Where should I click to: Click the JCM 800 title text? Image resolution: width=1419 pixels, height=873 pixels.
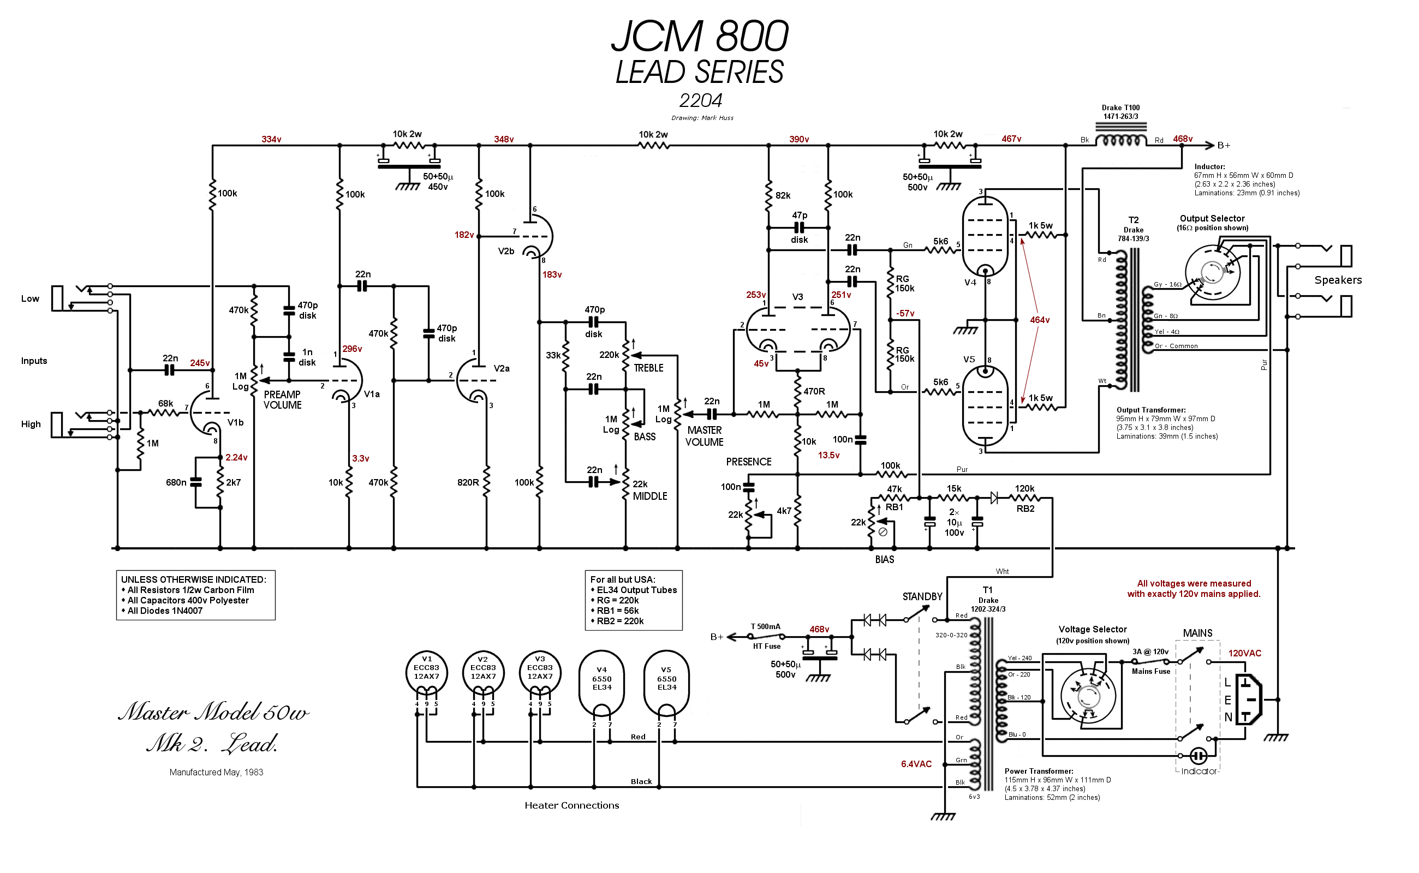700,37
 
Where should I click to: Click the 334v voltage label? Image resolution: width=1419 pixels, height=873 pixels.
271,140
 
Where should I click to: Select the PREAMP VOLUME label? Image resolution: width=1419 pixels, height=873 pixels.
282,400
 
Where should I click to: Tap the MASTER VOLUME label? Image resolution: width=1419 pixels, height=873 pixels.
704,436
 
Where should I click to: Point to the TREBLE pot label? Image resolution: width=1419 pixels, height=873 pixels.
648,368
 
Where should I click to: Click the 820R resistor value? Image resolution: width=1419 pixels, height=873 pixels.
468,483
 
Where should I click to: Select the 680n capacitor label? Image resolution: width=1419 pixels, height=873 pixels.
176,483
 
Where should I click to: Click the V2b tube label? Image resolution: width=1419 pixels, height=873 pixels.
506,252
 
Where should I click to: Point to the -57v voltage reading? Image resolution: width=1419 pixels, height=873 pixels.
905,314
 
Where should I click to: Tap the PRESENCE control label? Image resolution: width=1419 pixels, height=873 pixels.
748,462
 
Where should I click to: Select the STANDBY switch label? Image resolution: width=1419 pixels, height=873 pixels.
922,597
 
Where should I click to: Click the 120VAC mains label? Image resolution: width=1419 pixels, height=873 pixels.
1244,654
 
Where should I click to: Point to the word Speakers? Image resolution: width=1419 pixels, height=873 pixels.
1338,280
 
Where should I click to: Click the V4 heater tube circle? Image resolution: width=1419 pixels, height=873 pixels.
601,682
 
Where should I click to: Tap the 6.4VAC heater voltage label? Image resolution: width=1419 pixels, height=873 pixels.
916,764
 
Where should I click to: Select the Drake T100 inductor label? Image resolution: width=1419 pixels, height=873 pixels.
1120,112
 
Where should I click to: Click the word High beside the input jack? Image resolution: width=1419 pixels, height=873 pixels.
31,424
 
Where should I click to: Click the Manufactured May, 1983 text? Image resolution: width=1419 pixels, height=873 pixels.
216,773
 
